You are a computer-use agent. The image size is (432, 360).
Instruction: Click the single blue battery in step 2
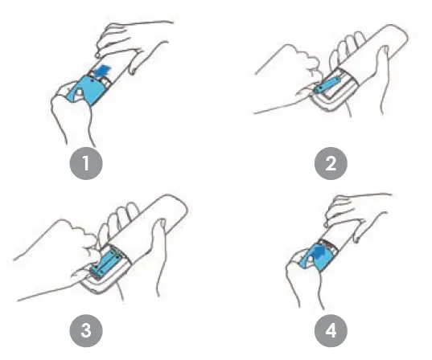(327, 86)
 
